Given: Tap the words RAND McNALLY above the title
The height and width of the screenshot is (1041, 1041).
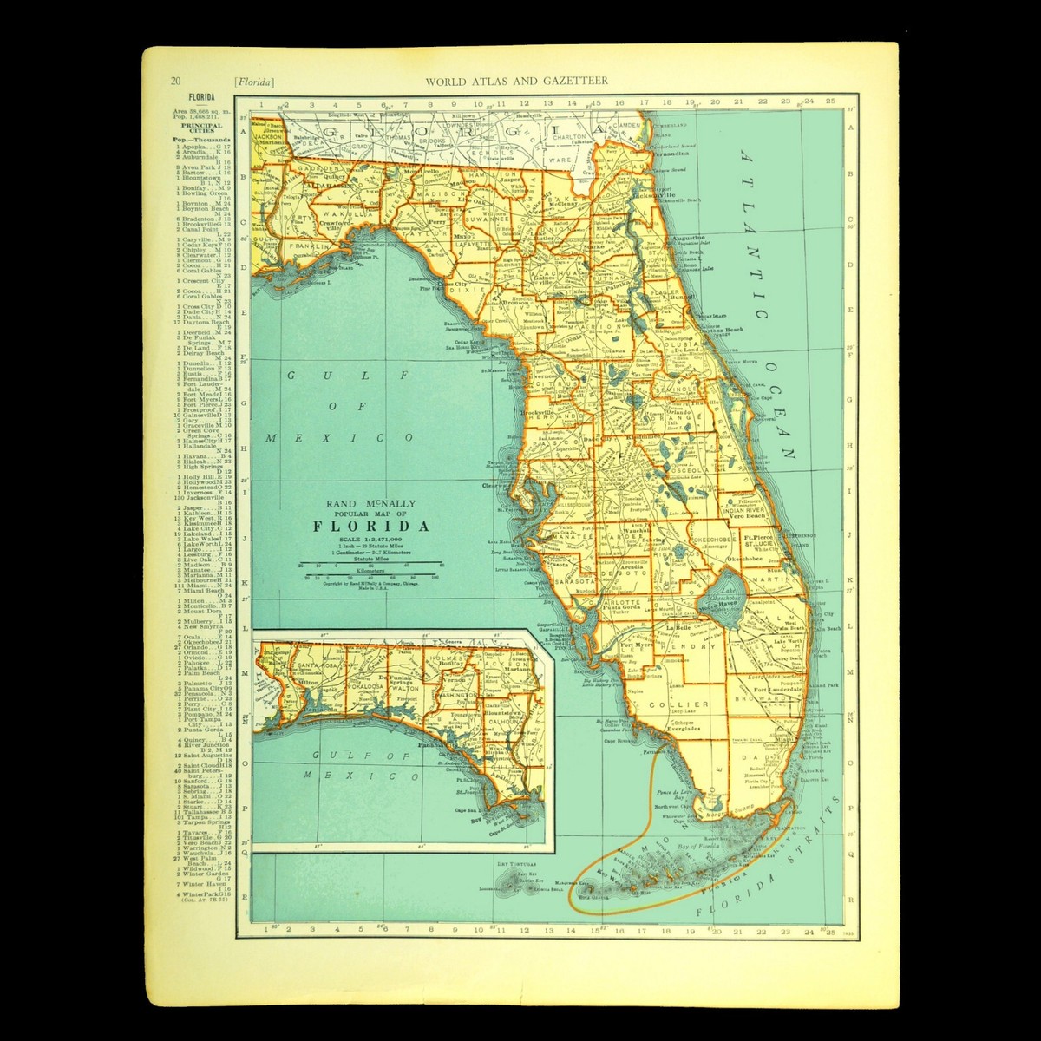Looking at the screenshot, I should [x=371, y=502].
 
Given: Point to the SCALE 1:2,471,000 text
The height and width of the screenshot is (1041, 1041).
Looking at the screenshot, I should [x=370, y=540].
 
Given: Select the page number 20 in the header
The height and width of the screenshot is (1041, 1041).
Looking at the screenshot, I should [x=176, y=81].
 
